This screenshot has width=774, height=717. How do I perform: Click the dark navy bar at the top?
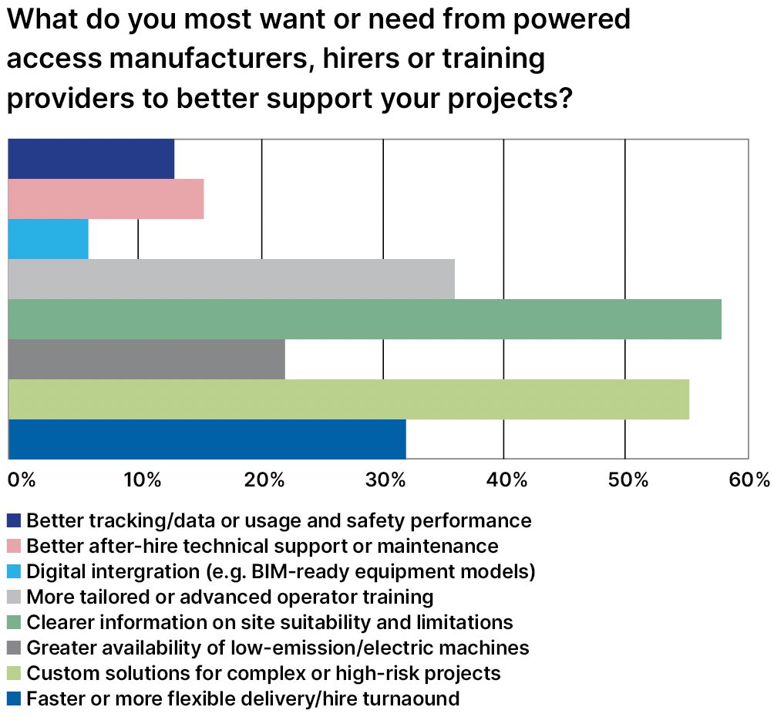[x=91, y=159]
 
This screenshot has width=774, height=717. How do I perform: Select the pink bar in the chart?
[x=106, y=199]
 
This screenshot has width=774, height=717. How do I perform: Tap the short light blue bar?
[x=48, y=239]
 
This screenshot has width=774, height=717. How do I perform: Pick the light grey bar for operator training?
[x=231, y=279]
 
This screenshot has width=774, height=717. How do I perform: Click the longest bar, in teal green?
[x=365, y=319]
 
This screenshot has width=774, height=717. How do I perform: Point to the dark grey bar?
[x=146, y=359]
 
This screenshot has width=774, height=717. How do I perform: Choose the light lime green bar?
[x=348, y=399]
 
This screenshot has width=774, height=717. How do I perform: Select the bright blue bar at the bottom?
[x=207, y=439]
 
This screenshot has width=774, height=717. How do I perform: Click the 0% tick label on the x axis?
[x=22, y=480]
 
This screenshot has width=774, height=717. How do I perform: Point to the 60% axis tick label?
[x=749, y=480]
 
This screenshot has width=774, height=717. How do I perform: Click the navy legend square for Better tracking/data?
[x=14, y=521]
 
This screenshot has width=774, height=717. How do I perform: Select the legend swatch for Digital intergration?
[x=14, y=572]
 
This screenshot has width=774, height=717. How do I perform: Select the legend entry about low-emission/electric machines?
[x=278, y=648]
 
